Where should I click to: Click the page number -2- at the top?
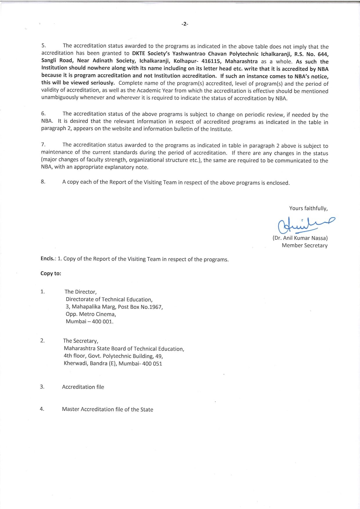(185, 24)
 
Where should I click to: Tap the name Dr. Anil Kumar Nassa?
(300, 238)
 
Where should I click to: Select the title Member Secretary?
(305, 246)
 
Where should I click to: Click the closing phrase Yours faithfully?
(308, 208)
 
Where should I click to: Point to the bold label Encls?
(48, 259)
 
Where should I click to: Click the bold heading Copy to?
(51, 273)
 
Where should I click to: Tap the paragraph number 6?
(43, 114)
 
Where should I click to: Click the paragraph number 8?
(43, 182)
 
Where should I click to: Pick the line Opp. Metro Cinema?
(91, 314)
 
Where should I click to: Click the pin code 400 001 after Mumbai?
(102, 322)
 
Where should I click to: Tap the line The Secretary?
(81, 341)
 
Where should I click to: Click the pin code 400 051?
(152, 363)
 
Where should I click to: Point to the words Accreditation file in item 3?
(83, 387)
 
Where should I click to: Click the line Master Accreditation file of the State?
(107, 409)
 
